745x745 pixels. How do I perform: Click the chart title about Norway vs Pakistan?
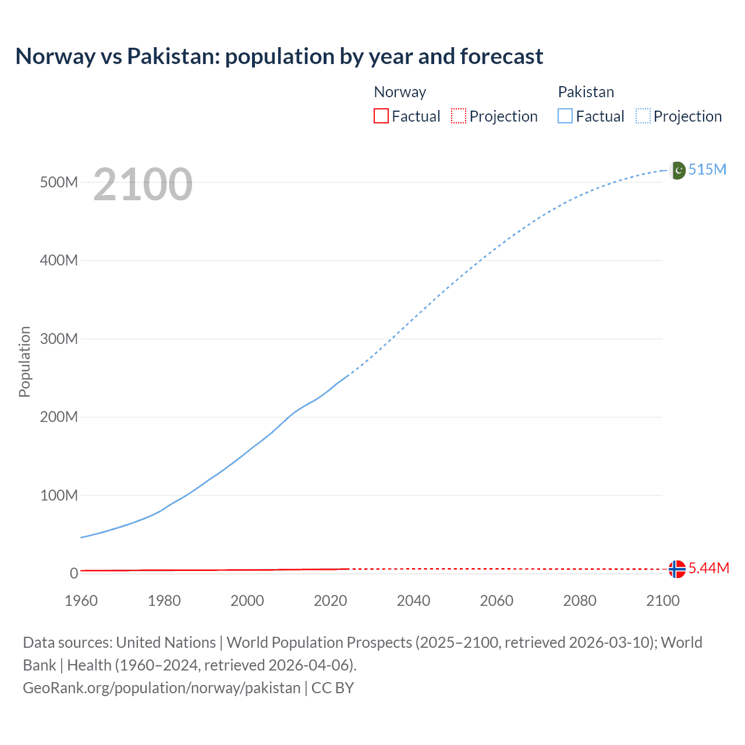click(279, 56)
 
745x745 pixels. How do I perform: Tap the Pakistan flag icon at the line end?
click(677, 171)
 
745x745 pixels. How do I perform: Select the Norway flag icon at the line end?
click(677, 569)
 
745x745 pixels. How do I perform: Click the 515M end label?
click(707, 169)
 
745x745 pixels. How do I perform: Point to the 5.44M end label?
click(708, 568)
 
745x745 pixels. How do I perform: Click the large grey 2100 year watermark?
click(143, 185)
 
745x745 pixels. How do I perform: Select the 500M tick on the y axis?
click(59, 182)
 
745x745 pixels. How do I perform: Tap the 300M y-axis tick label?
click(59, 339)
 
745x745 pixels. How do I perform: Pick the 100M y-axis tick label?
click(59, 495)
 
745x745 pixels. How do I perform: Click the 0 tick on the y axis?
click(74, 573)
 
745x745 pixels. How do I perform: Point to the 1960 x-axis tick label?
click(81, 601)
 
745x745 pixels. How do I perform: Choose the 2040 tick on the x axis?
click(413, 601)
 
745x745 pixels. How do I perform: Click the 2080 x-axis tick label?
click(580, 601)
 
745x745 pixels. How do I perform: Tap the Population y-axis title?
click(24, 361)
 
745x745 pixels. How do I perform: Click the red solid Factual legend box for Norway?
click(381, 116)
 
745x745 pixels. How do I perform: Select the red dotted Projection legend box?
click(459, 116)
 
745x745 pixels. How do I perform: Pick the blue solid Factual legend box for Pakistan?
click(565, 116)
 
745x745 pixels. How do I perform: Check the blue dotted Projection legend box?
click(643, 116)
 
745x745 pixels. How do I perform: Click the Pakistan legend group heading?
click(586, 92)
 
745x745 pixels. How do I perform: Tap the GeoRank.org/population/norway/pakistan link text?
click(161, 688)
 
